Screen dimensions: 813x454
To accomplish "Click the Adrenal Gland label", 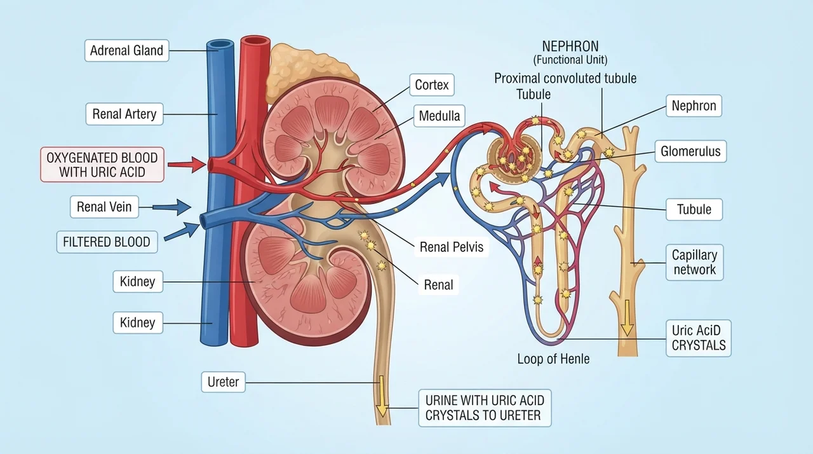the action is coord(126,50).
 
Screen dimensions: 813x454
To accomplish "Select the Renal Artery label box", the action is coord(124,114).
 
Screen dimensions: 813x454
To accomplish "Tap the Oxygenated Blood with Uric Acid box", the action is coord(102,165).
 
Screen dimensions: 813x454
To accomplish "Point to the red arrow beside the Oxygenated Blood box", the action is coord(187,165).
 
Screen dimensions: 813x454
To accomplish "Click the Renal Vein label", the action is coord(104,207).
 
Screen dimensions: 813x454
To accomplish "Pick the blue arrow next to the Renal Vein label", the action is coord(171,207).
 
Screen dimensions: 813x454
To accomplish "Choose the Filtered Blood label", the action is coord(107,242).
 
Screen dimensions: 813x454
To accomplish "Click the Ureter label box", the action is coord(223,382).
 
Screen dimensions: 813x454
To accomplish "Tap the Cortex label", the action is coord(432,85).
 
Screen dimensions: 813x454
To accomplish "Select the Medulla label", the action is coord(440,116).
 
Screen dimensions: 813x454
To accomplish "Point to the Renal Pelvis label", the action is coord(452,247).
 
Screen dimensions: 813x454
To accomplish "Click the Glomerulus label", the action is coord(690,151).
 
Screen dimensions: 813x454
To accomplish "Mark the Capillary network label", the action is coord(695,262).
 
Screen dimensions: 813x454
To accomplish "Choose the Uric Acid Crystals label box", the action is coord(699,338).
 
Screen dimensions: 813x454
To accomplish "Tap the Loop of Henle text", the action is coord(553,359).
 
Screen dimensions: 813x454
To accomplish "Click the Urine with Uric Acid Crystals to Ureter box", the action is coord(485,408).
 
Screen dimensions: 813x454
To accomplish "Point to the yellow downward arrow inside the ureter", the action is coord(382,396).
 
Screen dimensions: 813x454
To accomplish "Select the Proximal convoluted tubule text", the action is coord(565,78).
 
